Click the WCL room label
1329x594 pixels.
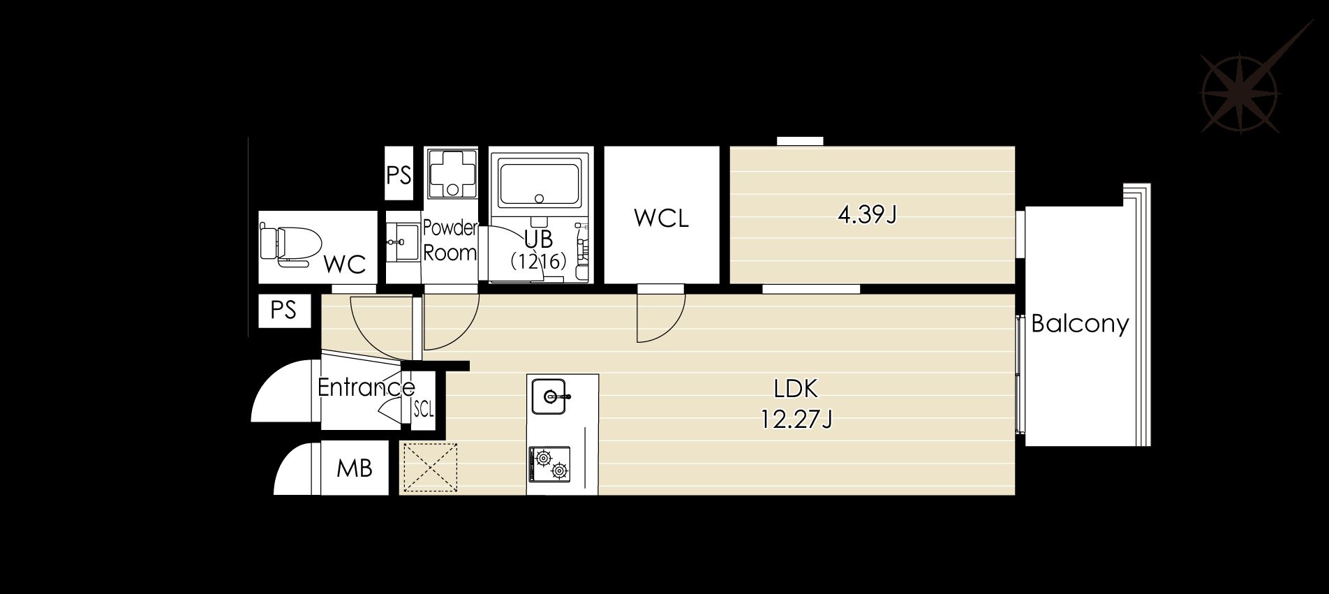tap(661, 218)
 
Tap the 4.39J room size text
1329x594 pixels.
tap(866, 214)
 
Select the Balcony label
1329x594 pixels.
tap(1080, 324)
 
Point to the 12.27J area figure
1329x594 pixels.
tap(796, 419)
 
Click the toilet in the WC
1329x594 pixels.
tap(289, 245)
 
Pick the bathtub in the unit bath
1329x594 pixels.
tap(540, 183)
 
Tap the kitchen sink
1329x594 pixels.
tap(550, 396)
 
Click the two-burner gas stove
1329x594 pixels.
tap(549, 464)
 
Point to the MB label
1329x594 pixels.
tap(354, 468)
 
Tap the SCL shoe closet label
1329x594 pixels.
tap(424, 409)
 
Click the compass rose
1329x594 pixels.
tap(1240, 93)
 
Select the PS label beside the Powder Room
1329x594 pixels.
tap(399, 175)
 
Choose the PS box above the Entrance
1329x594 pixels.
tap(283, 310)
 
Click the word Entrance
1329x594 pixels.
tap(366, 387)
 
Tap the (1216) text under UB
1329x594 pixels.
tap(538, 262)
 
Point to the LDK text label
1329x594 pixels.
tap(796, 388)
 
